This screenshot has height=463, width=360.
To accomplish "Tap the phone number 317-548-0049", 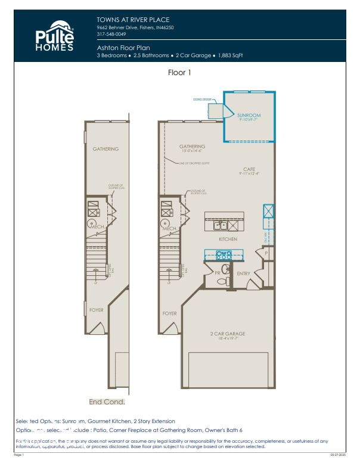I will (111, 34).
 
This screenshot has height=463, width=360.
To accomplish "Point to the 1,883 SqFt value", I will (230, 55).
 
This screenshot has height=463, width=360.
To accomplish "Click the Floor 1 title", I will (179, 73).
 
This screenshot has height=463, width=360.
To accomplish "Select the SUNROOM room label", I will (249, 114).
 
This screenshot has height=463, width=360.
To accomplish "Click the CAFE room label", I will (249, 169).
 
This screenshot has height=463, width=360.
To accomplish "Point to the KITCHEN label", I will (228, 239).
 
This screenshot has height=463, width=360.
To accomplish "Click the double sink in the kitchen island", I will (220, 225).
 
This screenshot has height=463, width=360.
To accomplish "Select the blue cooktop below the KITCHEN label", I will (223, 254).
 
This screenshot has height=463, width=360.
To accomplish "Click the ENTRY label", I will (244, 274).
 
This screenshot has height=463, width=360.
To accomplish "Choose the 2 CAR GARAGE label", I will (228, 334).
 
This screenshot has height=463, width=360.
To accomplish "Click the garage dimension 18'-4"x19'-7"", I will (228, 338).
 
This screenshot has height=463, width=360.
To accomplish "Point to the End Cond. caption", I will (107, 402).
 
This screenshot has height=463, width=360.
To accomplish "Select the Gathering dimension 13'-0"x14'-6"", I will (193, 151).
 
